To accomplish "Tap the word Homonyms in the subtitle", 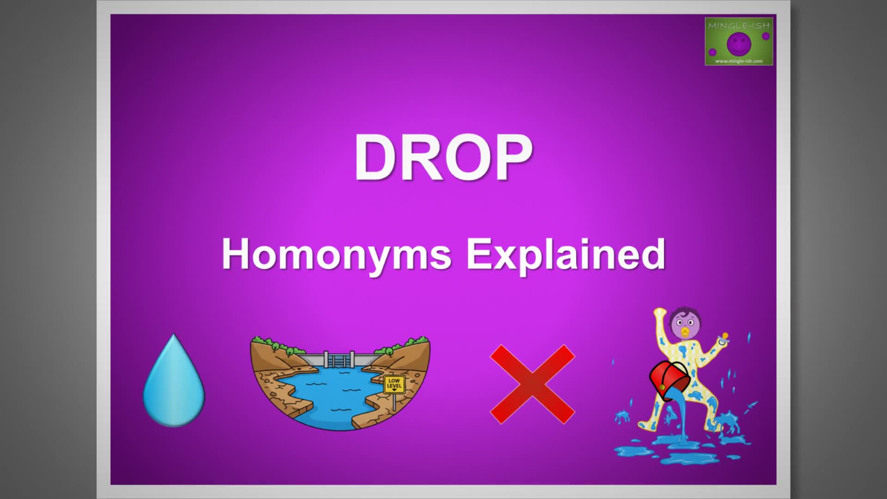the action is [x=336, y=254].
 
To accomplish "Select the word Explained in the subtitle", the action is [x=566, y=254].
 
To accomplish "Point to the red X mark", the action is [x=532, y=384].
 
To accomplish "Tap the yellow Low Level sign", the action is [x=394, y=384].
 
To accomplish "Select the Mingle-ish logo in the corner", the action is [x=739, y=41].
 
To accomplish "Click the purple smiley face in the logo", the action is [x=739, y=44].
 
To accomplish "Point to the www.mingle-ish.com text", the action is [x=739, y=61].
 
